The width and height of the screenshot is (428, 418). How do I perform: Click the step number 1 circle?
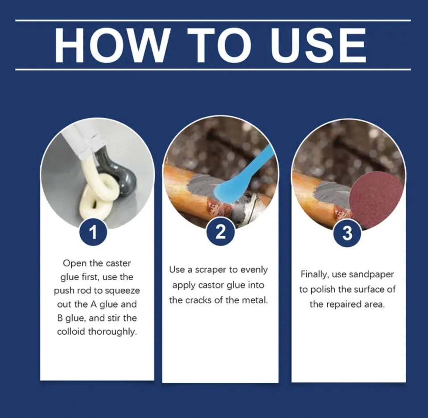click(x=93, y=233)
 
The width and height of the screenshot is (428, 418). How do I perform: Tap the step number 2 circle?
click(x=220, y=233)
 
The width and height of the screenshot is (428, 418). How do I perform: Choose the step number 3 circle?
click(x=347, y=233)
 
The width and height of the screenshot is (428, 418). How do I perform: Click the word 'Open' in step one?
click(x=73, y=263)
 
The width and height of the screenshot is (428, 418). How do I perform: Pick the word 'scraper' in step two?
click(x=209, y=270)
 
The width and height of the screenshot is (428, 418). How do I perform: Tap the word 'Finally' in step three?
click(x=315, y=275)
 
